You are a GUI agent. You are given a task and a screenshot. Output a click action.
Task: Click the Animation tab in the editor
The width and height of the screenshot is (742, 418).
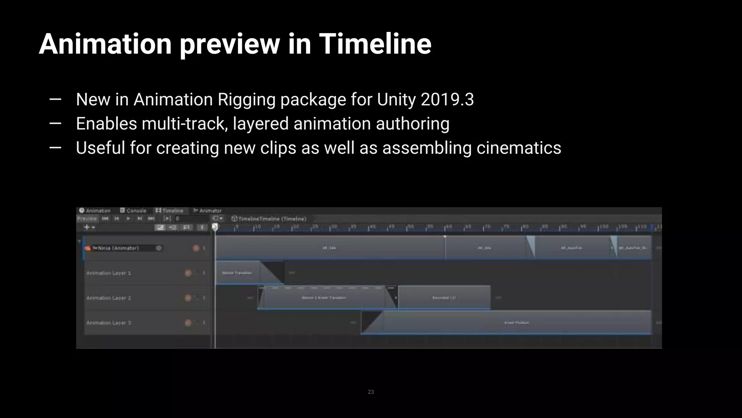click(x=95, y=211)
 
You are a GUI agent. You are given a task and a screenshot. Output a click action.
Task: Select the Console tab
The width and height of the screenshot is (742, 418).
click(x=133, y=211)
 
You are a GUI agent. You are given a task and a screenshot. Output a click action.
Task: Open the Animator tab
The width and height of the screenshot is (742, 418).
click(x=207, y=211)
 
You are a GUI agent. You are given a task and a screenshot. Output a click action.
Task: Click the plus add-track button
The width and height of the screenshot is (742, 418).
click(x=87, y=228)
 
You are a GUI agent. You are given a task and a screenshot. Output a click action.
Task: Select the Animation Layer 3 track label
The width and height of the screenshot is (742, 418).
click(x=109, y=323)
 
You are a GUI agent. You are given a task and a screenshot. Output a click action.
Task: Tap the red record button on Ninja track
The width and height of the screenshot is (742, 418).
click(x=196, y=248)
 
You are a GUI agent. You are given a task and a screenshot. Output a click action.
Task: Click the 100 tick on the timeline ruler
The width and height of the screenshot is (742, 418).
click(x=603, y=227)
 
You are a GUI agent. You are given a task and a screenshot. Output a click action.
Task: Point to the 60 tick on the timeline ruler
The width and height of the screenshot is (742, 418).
click(x=449, y=227)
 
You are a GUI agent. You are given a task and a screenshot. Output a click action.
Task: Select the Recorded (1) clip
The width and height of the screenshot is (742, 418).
click(x=444, y=298)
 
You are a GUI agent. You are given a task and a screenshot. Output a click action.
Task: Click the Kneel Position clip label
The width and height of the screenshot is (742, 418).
click(x=517, y=323)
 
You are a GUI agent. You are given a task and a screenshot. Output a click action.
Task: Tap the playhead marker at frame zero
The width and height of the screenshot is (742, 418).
click(x=215, y=227)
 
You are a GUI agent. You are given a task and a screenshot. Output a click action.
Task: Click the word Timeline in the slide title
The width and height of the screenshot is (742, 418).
click(x=375, y=44)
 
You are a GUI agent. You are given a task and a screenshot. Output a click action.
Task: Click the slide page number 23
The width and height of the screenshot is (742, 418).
click(x=371, y=392)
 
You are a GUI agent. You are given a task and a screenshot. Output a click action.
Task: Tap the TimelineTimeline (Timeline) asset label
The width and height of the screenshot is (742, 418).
click(x=272, y=219)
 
